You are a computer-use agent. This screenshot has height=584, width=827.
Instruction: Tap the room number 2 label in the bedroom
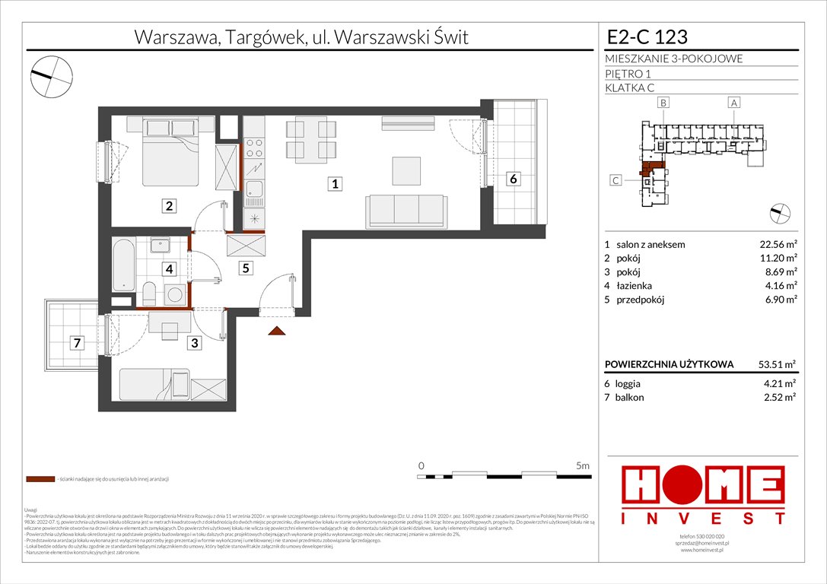pos(169,205)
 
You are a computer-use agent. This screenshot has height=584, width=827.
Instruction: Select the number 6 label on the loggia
pos(514,179)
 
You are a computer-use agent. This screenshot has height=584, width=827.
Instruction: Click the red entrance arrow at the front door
pos(277,330)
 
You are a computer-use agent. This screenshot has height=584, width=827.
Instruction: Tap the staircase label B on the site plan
pos(663,102)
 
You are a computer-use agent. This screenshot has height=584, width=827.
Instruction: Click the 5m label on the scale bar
pos(583,464)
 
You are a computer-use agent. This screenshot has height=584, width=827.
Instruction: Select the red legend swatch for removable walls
pos(40,480)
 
